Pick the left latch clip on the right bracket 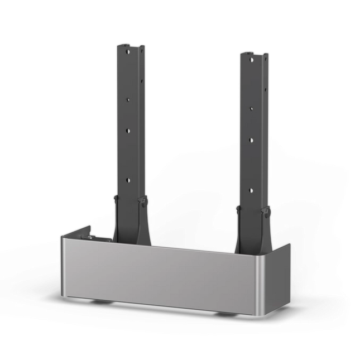(238, 209)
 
